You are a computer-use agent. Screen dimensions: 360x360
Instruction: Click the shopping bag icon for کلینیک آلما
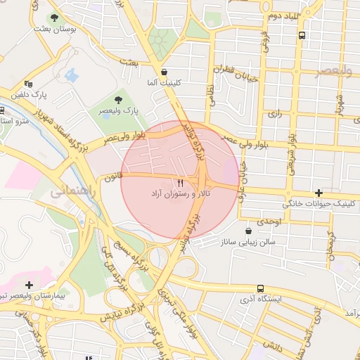[x=164, y=72]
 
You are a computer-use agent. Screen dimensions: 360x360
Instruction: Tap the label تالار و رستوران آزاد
[x=169, y=193]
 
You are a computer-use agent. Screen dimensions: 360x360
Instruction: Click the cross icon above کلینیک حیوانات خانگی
[x=319, y=193]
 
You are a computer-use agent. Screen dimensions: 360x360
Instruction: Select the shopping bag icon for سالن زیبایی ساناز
[x=247, y=231]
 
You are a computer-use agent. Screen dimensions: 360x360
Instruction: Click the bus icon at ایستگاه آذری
[x=261, y=288]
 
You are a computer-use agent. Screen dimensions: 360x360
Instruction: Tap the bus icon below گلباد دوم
[x=302, y=34]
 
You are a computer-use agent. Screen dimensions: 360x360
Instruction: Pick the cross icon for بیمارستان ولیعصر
[x=29, y=285]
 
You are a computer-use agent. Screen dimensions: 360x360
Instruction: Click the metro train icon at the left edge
[x=2, y=111]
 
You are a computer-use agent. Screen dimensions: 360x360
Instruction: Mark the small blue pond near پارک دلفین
[x=70, y=75]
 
